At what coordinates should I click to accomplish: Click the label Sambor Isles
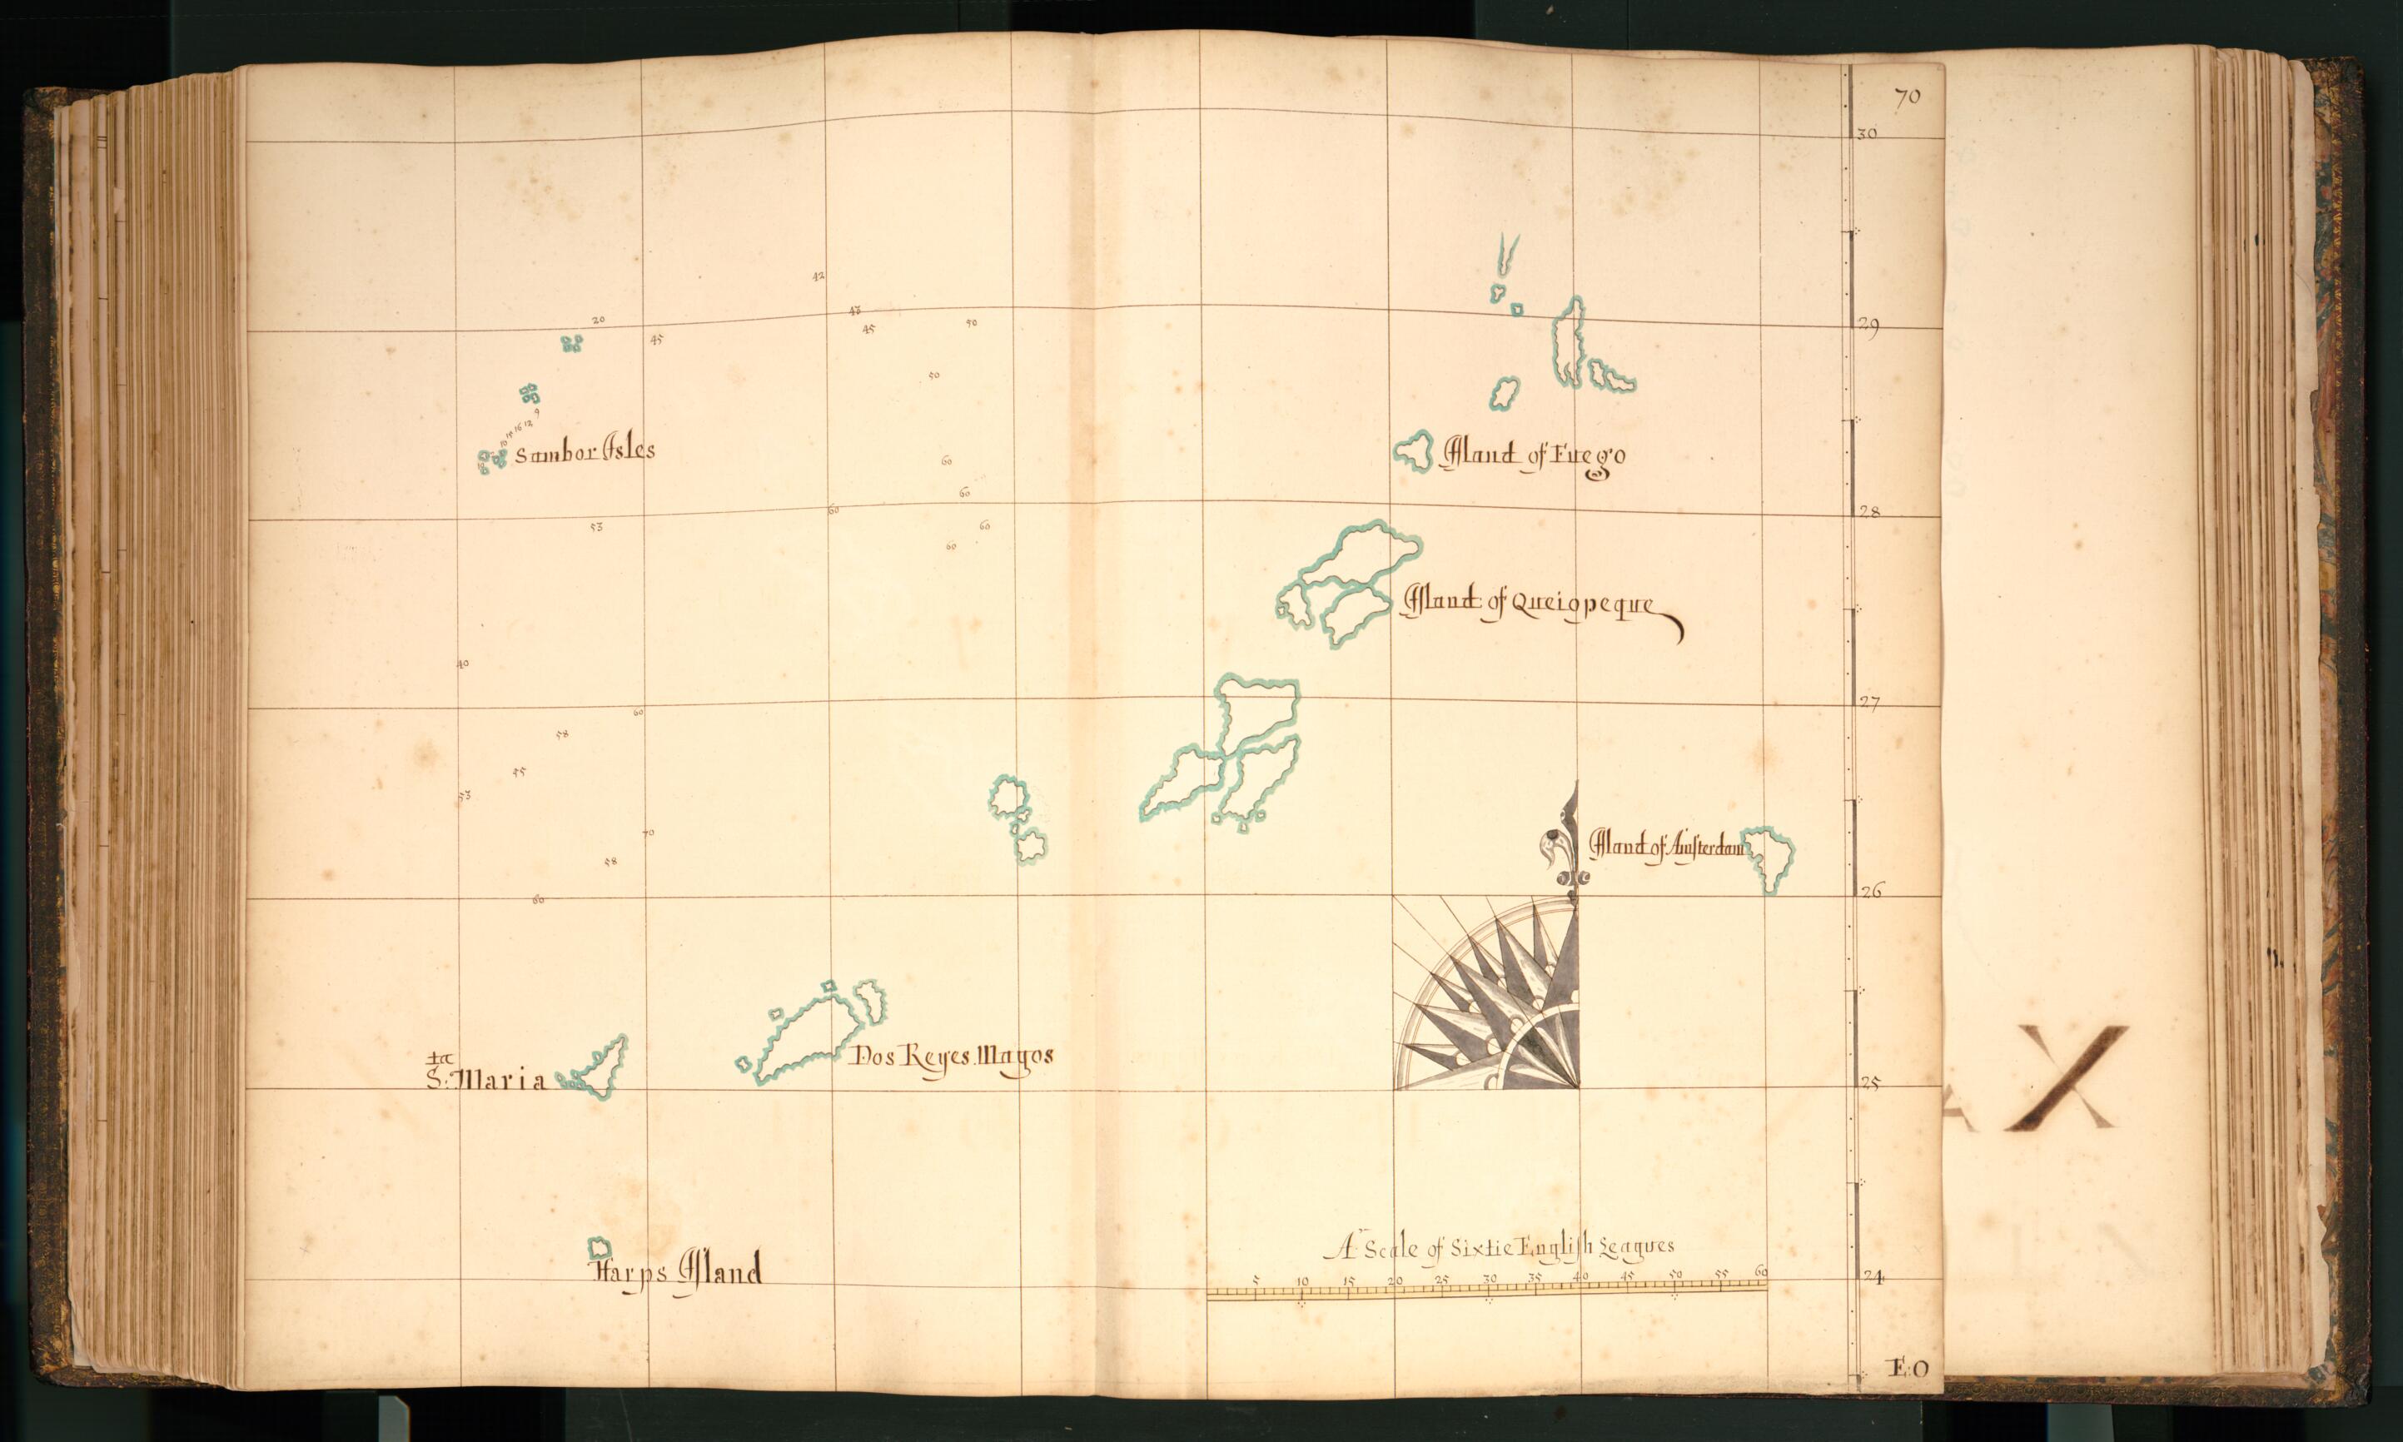point(584,452)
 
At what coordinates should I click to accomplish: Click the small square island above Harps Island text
point(600,1246)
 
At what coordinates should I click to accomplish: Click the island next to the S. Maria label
point(595,1069)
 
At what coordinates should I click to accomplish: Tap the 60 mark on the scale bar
point(1762,1273)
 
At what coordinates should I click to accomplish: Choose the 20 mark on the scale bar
point(1395,1280)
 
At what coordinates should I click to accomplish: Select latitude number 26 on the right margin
point(1868,890)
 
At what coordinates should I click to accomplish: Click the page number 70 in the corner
point(1905,97)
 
